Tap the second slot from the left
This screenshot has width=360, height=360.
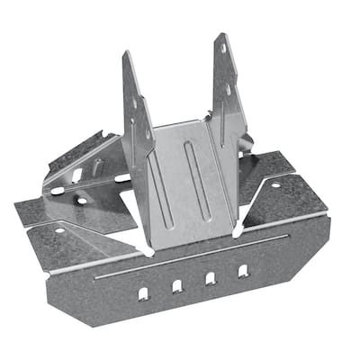click(177, 286)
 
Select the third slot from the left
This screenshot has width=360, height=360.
click(210, 279)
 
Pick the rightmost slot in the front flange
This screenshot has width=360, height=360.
click(243, 270)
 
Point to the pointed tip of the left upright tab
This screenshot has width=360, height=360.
click(126, 54)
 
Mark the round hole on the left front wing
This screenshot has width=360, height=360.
click(59, 231)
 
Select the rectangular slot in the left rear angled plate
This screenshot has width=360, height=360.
click(77, 175)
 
